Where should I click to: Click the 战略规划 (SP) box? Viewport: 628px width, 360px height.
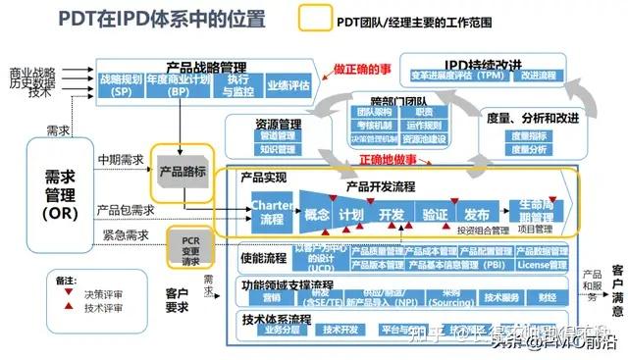pos(122,84)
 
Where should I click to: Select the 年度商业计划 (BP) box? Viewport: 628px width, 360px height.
pos(178,84)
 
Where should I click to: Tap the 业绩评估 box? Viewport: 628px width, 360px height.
pos(288,84)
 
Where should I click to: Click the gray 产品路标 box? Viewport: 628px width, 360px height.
pos(182,171)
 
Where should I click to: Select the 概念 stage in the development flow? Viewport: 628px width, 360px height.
pos(316,214)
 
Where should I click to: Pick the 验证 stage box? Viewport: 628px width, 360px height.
pos(435,214)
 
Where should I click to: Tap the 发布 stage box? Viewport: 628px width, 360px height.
pos(477,214)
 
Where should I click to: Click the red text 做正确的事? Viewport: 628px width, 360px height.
pos(360,70)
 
